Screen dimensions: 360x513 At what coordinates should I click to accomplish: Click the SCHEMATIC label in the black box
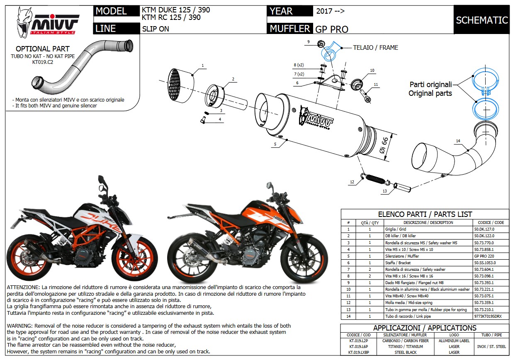coord(481,20)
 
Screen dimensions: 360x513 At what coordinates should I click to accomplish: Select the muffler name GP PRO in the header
coord(331,29)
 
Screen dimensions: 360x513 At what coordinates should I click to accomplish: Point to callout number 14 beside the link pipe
coord(458,141)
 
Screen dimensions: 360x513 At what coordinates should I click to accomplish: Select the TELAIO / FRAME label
coord(375,48)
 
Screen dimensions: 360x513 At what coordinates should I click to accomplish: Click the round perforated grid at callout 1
coord(179,84)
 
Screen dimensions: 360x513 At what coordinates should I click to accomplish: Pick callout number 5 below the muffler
coord(275,144)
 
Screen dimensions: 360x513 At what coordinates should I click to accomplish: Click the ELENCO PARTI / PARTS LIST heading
coord(425,214)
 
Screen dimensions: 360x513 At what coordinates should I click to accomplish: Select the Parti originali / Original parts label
coord(430,89)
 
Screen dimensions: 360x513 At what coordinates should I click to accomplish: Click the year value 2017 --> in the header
coord(330,11)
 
